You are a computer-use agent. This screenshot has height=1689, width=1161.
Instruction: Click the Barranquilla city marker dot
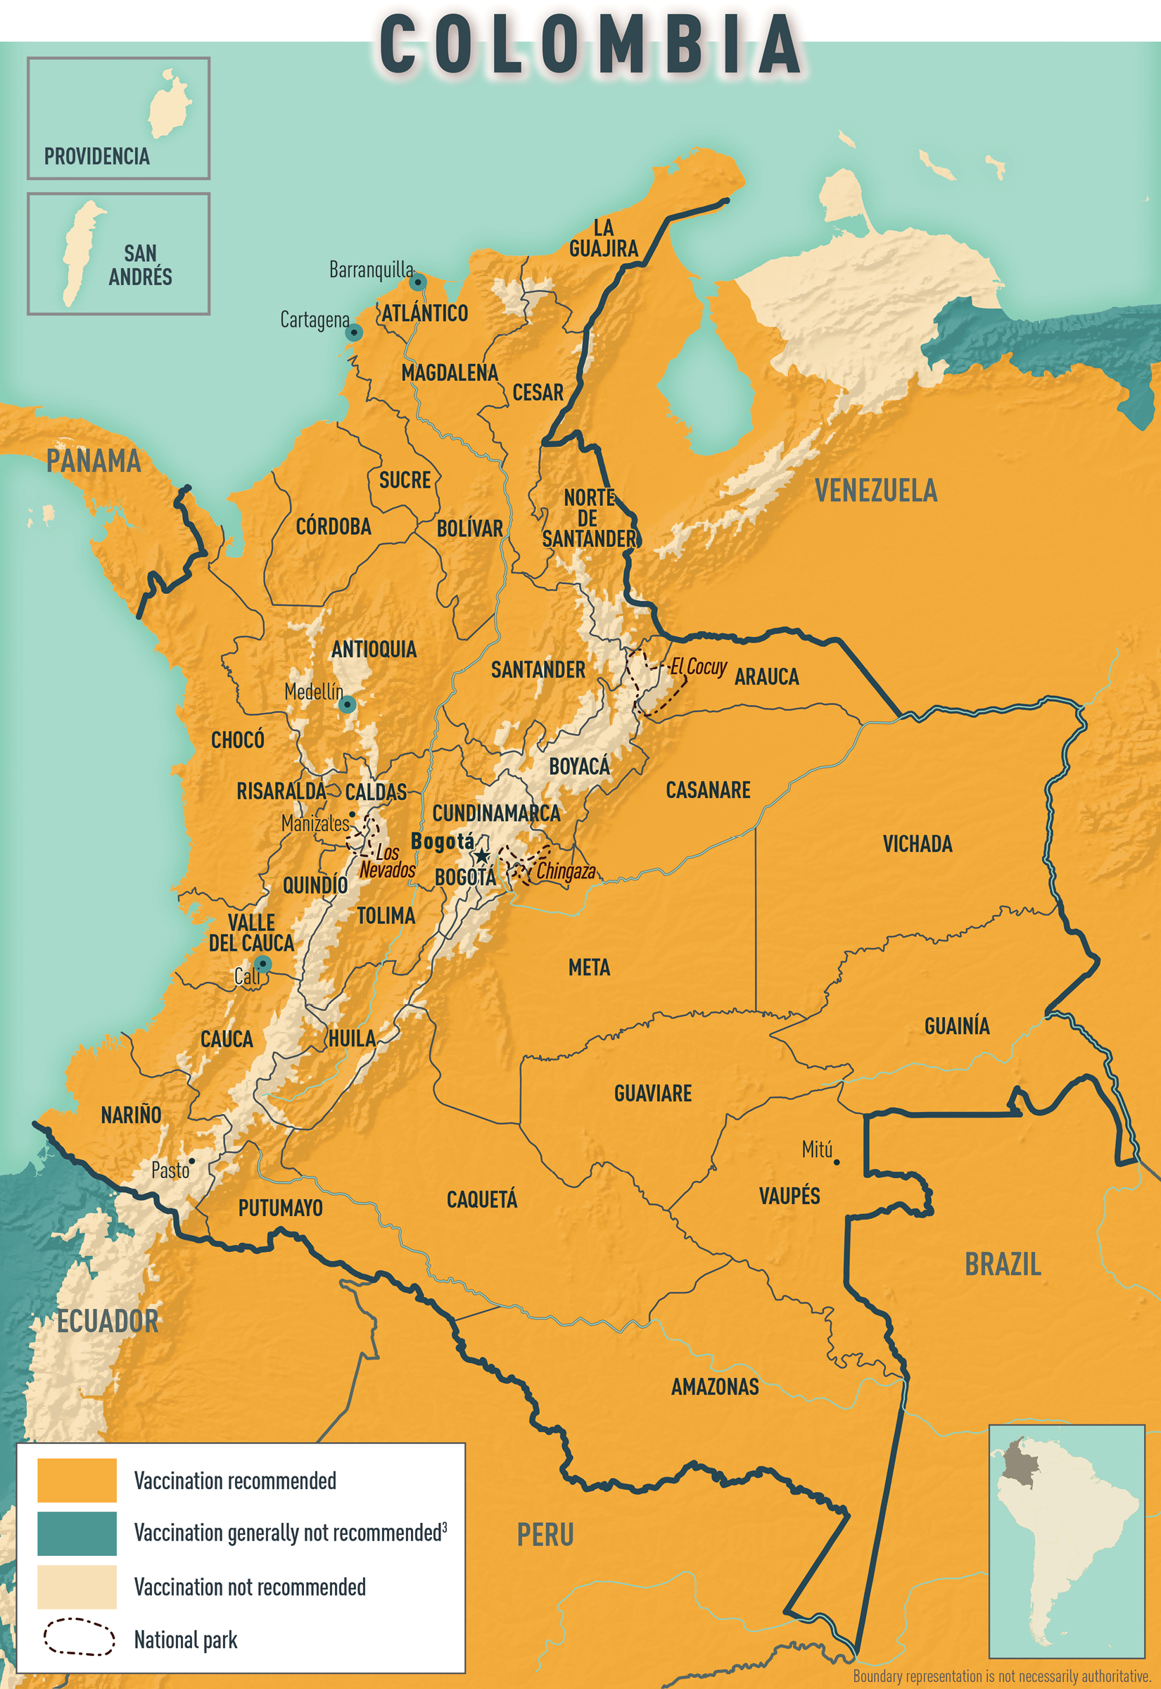pyautogui.click(x=417, y=281)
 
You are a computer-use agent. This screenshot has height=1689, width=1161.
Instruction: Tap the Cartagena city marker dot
pyautogui.click(x=353, y=332)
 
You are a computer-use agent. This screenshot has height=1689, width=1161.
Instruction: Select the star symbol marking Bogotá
pyautogui.click(x=481, y=856)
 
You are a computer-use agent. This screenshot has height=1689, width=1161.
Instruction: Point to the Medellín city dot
pyautogui.click(x=348, y=704)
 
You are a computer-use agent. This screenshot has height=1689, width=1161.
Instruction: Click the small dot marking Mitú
pyautogui.click(x=837, y=1163)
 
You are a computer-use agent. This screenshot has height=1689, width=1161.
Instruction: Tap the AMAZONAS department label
pyautogui.click(x=714, y=1386)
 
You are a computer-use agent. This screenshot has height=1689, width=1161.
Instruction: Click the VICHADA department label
pyautogui.click(x=918, y=844)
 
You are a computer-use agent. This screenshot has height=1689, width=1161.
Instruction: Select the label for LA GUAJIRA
pyautogui.click(x=603, y=238)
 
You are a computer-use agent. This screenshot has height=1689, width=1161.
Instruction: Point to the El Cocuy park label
pyautogui.click(x=698, y=666)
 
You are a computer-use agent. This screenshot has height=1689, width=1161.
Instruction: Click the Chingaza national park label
pyautogui.click(x=566, y=871)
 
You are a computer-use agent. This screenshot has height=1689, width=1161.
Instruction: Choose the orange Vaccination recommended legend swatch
pyautogui.click(x=77, y=1480)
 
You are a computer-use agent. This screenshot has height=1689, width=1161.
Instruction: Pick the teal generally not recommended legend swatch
pyautogui.click(x=77, y=1533)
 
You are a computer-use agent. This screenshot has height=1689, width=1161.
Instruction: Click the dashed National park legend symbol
pyautogui.click(x=79, y=1637)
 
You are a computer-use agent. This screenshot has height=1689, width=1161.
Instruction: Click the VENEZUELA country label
pyautogui.click(x=876, y=491)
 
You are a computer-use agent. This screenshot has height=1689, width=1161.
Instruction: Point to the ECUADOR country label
pyautogui.click(x=108, y=1322)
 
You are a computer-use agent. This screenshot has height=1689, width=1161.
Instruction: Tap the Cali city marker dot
pyautogui.click(x=263, y=965)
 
